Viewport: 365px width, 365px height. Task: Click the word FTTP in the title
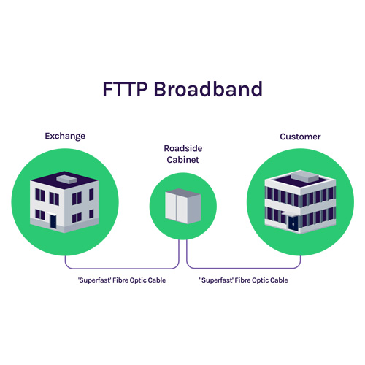point(125,89)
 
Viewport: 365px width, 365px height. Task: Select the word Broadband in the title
point(208,89)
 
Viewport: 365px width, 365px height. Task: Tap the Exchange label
point(65,137)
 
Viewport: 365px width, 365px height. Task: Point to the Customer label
point(300,137)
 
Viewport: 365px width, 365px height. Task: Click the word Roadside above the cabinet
point(183,148)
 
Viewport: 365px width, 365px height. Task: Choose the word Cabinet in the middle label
point(183,160)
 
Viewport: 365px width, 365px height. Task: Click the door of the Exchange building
point(53,222)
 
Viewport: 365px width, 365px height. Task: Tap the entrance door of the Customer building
point(293,223)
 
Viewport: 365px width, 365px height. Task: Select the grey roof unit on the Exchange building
point(66,179)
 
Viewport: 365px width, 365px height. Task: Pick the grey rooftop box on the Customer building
point(305,176)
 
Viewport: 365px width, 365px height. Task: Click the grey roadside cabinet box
point(183,206)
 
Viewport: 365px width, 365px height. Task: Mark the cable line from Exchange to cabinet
point(122,269)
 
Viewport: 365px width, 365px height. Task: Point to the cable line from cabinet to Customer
point(243,269)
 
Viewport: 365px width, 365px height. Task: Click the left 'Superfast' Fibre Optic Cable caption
point(122,280)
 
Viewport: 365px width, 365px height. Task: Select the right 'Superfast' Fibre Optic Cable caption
point(244,280)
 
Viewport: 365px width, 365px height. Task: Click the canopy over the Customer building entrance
point(290,214)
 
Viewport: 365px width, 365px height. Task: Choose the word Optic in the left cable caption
point(138,280)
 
